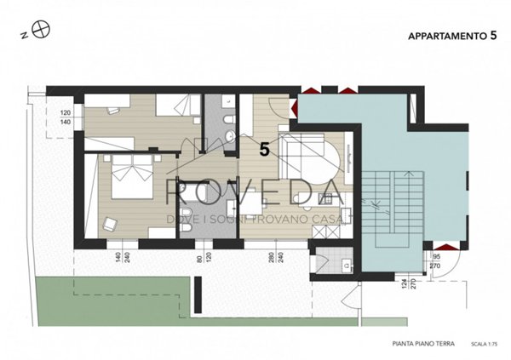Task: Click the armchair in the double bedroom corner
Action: pos(111,224)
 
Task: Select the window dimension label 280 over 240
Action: pos(274,260)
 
